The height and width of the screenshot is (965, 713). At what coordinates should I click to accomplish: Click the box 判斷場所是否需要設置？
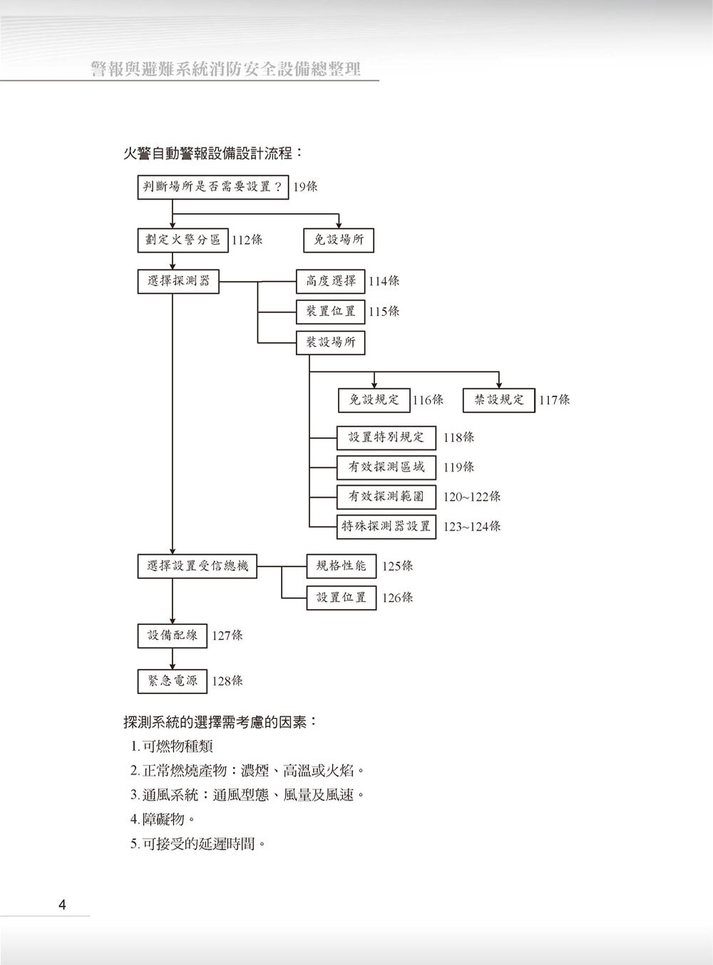pos(212,187)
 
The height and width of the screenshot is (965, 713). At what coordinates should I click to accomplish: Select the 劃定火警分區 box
pos(183,240)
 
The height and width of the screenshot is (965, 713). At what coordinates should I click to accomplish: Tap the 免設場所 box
pos(339,240)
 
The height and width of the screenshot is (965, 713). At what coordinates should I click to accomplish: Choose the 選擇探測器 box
pos(178,281)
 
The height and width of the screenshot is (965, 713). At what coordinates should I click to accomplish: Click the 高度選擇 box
pos(331,281)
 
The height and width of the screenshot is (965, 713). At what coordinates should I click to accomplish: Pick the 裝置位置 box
pos(331,312)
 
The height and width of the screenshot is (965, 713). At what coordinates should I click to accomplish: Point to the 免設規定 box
pos(374,400)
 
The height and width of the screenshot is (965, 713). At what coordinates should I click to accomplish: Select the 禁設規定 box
pos(499,400)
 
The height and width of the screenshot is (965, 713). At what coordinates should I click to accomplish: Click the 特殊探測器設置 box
pos(386,526)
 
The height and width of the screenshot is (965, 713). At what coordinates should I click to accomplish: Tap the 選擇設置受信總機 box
pos(198,566)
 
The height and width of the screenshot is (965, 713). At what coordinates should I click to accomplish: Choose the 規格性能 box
pos(341,566)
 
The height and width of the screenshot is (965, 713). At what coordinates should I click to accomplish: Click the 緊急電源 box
pos(173,681)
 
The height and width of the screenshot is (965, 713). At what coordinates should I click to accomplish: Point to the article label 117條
pos(555,401)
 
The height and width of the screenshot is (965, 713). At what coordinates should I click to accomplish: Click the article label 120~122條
pos(472,497)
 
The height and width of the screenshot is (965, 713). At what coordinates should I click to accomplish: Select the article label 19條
pos(305,187)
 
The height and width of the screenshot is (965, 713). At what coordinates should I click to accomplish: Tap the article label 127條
pos(227,635)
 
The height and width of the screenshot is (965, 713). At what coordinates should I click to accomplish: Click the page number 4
pos(62,906)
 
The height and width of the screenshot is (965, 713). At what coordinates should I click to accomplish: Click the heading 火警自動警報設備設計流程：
pos(213,153)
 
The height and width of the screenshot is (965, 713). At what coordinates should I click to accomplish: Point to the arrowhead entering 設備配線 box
pos(173,621)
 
